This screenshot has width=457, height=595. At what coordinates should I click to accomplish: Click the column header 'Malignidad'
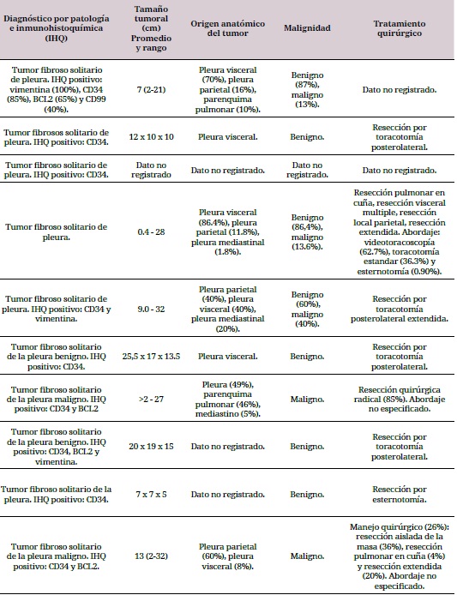pos(308,28)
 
